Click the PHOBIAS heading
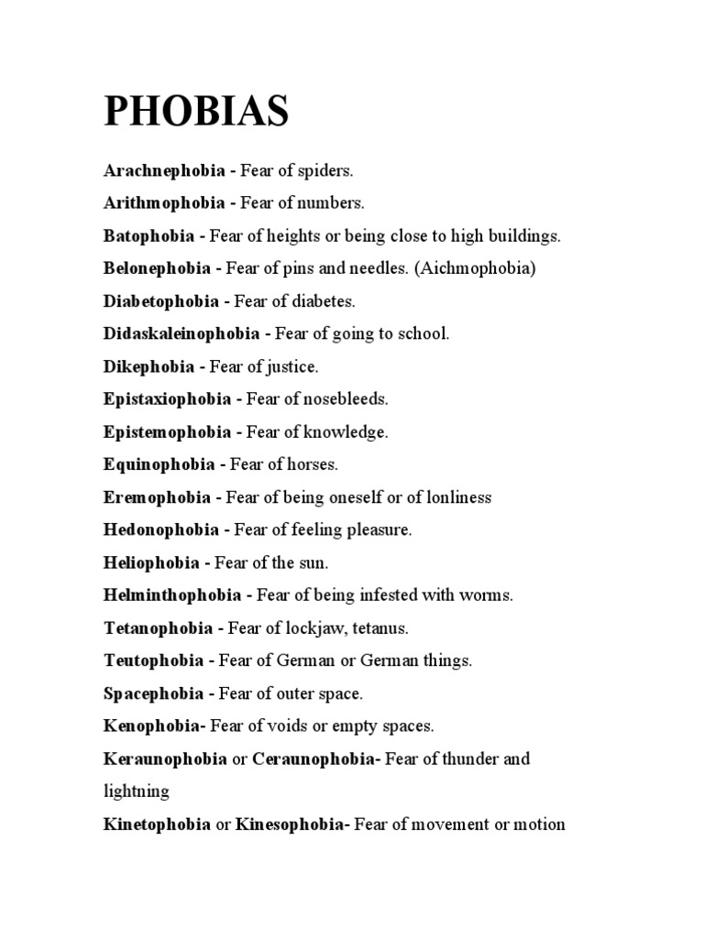coord(196,112)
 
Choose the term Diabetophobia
coord(161,301)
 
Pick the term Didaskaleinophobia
coord(181,334)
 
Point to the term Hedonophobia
coord(161,530)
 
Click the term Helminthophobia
coord(172,595)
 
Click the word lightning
coord(137,791)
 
